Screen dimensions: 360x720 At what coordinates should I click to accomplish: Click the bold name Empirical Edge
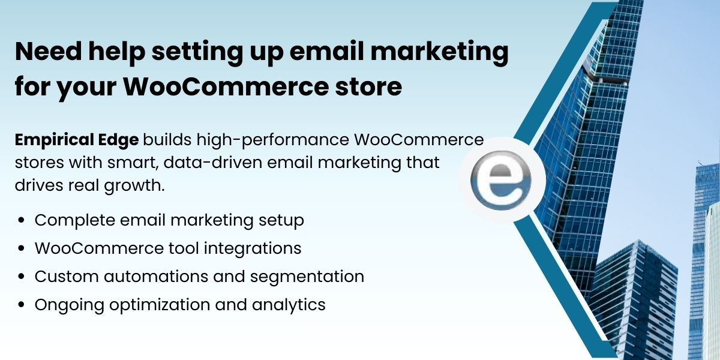click(77, 140)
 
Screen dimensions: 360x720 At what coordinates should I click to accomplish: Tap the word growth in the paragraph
click(138, 185)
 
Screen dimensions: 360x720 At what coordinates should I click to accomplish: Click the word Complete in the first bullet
click(73, 220)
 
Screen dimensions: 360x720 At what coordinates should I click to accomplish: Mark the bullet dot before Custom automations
click(22, 277)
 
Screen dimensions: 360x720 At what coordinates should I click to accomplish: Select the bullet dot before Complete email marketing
click(22, 221)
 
